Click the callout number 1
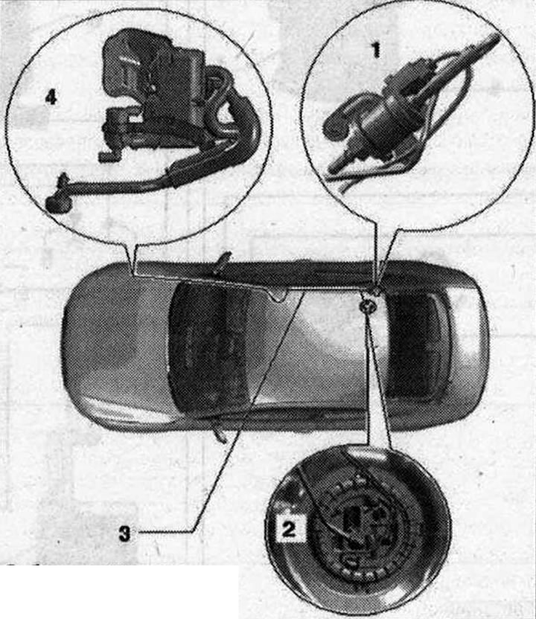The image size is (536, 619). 376,50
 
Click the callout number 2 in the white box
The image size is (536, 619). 288,528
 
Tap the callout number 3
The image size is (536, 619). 124,533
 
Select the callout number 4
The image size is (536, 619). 51,97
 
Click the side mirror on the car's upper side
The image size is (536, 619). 224,259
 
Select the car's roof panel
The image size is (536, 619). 316,347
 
